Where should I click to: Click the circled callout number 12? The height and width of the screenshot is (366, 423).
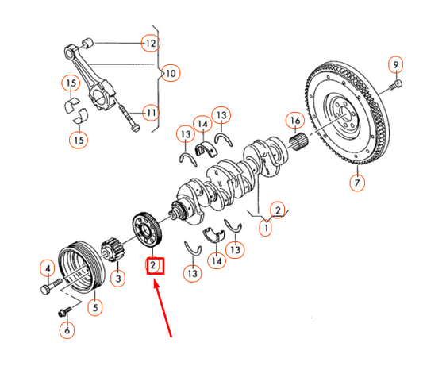tap(150, 43)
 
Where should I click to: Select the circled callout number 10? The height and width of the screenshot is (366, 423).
tap(170, 74)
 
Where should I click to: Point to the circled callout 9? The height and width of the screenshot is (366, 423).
tap(394, 64)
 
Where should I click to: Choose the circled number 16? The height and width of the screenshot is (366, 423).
tap(294, 121)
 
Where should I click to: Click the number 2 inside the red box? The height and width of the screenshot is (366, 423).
tap(152, 265)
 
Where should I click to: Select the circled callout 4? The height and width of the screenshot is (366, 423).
tap(48, 268)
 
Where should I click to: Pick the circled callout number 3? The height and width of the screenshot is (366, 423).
tap(117, 278)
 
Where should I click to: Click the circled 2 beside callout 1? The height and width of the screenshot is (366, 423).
tap(277, 209)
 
